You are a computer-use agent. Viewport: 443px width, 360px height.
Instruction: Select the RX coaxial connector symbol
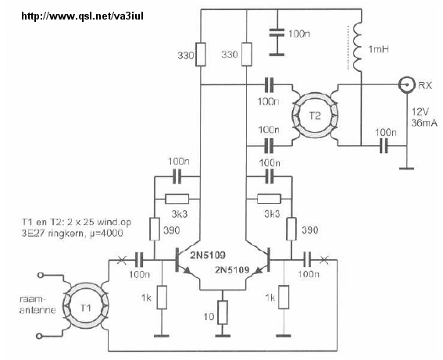[407, 84]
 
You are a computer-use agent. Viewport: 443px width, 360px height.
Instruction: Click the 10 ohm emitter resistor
[223, 312]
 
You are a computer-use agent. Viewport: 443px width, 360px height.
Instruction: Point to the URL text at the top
[83, 16]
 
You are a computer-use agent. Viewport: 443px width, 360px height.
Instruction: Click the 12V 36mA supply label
[424, 117]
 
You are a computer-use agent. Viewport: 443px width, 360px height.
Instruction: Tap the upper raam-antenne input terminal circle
[41, 275]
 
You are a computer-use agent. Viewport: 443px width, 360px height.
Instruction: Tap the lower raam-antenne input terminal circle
[40, 336]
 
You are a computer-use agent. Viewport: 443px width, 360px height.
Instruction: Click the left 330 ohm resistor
[200, 54]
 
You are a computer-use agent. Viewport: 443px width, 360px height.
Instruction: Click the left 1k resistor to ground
[162, 297]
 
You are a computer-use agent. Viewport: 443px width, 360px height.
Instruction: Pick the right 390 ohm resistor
[291, 229]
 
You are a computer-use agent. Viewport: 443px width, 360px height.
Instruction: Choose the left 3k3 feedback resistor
[177, 199]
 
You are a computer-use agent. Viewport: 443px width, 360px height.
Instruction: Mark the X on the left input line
[122, 260]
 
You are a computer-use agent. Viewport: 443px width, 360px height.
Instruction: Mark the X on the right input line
[324, 260]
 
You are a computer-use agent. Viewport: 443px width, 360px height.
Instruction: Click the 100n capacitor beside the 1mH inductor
[277, 33]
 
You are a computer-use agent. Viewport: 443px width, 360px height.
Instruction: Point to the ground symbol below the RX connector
[407, 169]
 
